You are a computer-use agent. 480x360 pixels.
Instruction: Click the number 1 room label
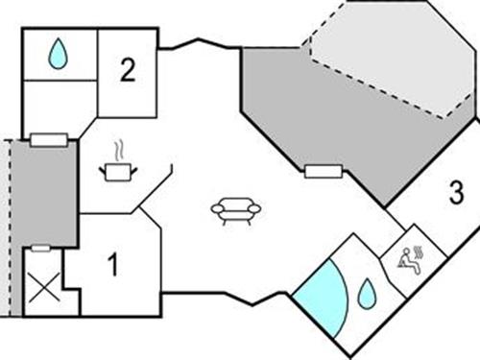112,265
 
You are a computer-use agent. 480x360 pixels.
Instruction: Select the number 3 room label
456,193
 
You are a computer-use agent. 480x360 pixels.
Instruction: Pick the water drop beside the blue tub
367,293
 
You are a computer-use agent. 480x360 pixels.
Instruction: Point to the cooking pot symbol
118,171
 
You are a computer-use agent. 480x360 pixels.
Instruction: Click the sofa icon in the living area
235,210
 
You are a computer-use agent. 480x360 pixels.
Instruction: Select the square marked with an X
43,288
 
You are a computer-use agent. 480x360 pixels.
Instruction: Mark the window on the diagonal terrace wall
323,172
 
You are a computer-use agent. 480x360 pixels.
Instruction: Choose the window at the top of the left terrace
48,140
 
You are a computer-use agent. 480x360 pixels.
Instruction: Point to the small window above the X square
40,248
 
